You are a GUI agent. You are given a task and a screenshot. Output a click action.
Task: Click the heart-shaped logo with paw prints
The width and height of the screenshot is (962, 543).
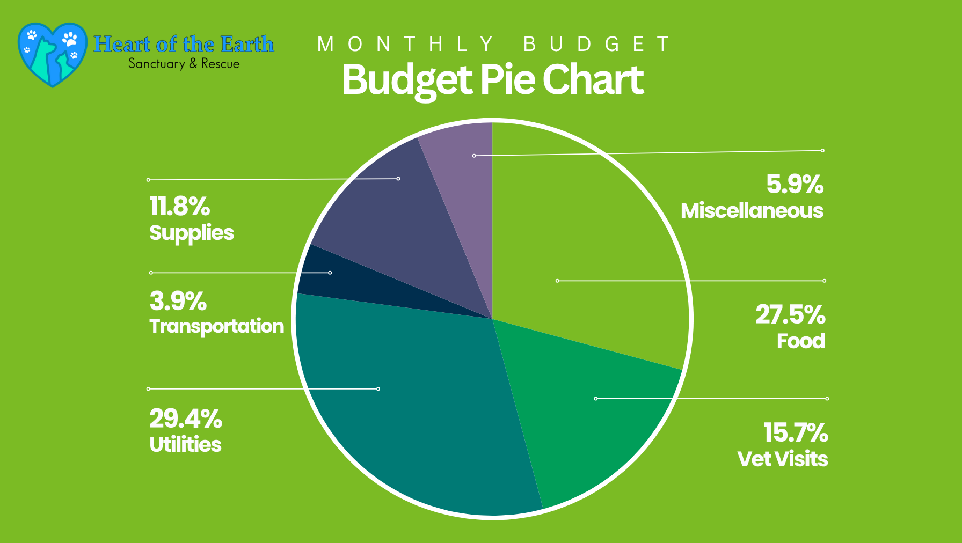pos(52,54)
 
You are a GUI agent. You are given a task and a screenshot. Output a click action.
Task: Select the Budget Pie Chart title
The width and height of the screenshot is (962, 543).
pos(492,80)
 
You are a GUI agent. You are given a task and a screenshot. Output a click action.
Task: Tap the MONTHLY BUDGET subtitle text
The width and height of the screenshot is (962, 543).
pos(493,44)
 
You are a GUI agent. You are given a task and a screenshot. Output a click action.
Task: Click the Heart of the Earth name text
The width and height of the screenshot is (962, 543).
pos(184,44)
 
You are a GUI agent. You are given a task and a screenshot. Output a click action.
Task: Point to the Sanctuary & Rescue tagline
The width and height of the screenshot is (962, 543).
pos(184,64)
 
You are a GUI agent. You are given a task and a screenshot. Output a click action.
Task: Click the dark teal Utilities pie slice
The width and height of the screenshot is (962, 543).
pos(408,408)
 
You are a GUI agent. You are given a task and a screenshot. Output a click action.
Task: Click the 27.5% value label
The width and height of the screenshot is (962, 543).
pos(790,315)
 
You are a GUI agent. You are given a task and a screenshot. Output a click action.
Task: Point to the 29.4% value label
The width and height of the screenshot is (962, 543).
pos(186,419)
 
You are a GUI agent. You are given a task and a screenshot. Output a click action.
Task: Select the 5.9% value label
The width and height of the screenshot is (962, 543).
pos(795,185)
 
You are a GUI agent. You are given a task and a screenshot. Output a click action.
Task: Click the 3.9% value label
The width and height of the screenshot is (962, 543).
pos(178,302)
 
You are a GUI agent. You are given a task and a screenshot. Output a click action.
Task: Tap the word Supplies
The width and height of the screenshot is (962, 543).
pos(192,233)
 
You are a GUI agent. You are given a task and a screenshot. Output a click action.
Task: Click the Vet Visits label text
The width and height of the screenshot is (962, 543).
pos(783,459)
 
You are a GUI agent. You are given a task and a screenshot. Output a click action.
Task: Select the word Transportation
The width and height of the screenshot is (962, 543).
pos(217,326)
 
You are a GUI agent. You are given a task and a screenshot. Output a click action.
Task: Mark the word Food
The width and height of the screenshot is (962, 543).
pos(801,341)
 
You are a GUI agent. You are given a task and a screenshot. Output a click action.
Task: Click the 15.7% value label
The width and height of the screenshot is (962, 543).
pos(796,433)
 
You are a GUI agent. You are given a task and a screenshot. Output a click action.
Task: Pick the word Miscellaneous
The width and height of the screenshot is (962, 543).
pos(752,211)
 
